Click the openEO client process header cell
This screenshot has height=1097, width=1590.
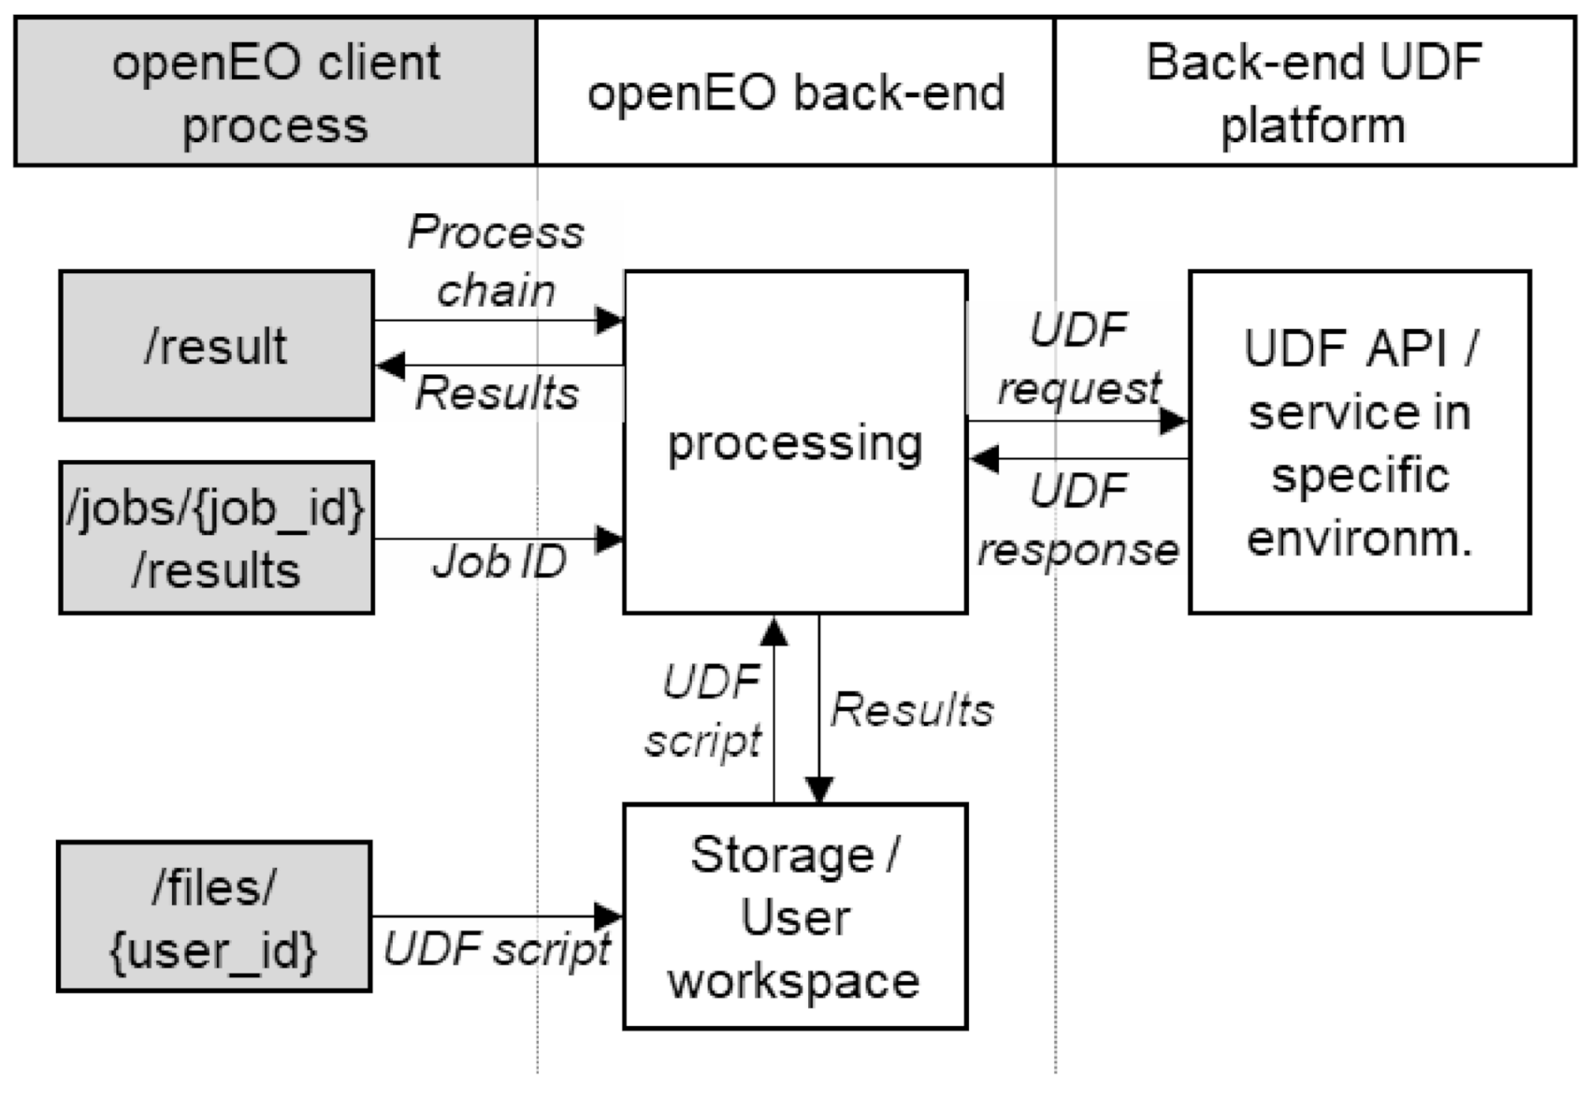[275, 92]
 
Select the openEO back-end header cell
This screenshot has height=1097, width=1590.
[795, 92]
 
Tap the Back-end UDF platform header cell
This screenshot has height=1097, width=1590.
[1314, 92]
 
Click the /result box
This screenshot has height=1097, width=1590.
[216, 346]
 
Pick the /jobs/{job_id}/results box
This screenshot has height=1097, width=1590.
[216, 538]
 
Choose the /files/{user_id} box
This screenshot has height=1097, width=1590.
[214, 917]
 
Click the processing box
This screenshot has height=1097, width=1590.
[795, 442]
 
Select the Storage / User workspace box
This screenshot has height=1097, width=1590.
[795, 917]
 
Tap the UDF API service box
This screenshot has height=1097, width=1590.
[1359, 442]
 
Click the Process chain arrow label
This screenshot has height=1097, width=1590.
[496, 262]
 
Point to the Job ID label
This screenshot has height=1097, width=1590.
[499, 562]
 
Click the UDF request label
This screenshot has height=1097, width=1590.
[1078, 359]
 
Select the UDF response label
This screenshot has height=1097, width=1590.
[1078, 520]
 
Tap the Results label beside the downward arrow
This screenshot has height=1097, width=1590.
[912, 711]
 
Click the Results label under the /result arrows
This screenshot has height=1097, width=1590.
[497, 393]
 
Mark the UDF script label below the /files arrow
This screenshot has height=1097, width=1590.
[497, 950]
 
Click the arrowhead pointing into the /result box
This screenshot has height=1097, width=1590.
[390, 366]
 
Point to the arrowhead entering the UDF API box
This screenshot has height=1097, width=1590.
[1173, 421]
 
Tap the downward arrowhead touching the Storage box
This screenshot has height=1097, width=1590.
[819, 790]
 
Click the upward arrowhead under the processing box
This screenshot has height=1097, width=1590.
[773, 632]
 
